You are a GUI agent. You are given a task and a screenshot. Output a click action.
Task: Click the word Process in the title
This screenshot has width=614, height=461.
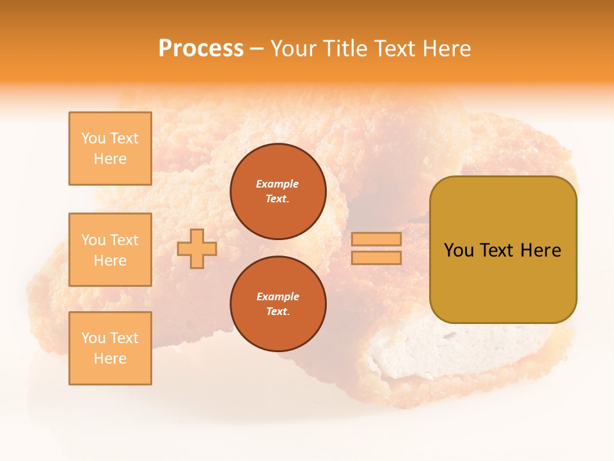pyautogui.click(x=201, y=49)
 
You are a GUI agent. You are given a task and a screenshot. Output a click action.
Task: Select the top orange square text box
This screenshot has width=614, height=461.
pyautogui.click(x=110, y=149)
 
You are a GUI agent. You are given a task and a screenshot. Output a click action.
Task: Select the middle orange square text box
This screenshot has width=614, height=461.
pyautogui.click(x=110, y=250)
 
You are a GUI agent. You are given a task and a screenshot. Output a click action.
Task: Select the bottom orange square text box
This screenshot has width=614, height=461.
pyautogui.click(x=110, y=348)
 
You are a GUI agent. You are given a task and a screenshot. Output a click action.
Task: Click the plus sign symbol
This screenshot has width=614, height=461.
pyautogui.click(x=197, y=248)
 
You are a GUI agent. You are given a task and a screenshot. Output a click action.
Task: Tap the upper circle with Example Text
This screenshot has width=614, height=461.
pyautogui.click(x=278, y=191)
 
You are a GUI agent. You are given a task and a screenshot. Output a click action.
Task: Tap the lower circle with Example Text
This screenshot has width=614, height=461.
pyautogui.click(x=278, y=303)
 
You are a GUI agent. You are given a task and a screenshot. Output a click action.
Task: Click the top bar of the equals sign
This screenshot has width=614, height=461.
pyautogui.click(x=376, y=239)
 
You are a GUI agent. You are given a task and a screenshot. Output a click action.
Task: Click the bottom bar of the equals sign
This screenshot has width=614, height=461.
pyautogui.click(x=376, y=258)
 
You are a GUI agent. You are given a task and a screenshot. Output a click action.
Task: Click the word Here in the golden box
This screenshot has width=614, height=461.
pyautogui.click(x=540, y=250)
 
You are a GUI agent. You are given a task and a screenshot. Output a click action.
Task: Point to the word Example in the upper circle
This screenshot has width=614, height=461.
pyautogui.click(x=278, y=184)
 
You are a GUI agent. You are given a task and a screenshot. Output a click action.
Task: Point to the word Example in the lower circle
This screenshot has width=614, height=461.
pyautogui.click(x=278, y=296)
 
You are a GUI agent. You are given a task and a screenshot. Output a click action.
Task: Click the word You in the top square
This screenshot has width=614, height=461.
pyautogui.click(x=93, y=138)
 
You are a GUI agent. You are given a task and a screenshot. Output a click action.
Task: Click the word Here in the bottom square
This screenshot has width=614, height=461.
pyautogui.click(x=110, y=359)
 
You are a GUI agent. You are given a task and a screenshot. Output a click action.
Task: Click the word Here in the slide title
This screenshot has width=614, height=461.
pyautogui.click(x=446, y=49)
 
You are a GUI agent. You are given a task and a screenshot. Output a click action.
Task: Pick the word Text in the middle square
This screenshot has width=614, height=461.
pyautogui.click(x=124, y=240)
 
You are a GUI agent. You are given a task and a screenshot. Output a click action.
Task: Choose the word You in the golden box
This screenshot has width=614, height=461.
pyautogui.click(x=459, y=250)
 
